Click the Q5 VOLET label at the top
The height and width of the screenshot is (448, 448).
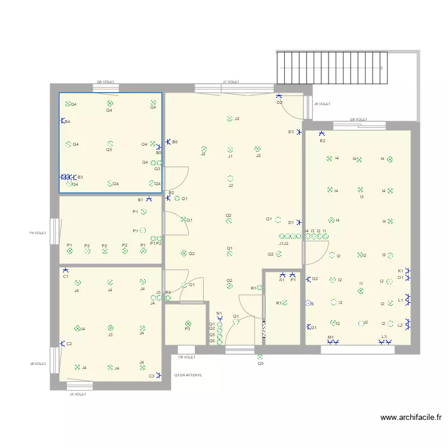(x=106, y=82)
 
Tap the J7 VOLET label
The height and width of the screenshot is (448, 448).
(x=231, y=81)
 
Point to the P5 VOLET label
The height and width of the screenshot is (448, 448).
(x=38, y=233)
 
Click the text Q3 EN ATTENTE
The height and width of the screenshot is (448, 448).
(x=188, y=375)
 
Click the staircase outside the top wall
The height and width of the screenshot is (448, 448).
(x=332, y=67)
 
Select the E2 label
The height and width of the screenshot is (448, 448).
(x=323, y=141)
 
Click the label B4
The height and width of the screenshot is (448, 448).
(x=67, y=122)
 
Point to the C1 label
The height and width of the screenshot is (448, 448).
(x=66, y=277)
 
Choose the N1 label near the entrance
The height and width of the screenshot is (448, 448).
(x=219, y=313)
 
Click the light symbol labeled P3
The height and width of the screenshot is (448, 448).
(x=188, y=323)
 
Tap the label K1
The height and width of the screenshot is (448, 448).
(x=400, y=271)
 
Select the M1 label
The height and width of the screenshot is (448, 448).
(x=330, y=337)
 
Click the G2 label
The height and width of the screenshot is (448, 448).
(x=315, y=279)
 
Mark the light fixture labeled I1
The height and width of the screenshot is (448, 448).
(x=361, y=291)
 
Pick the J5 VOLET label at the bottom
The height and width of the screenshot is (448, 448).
(x=78, y=394)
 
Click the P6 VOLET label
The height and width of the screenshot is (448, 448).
(x=187, y=357)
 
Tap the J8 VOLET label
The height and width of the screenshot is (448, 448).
(x=322, y=104)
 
